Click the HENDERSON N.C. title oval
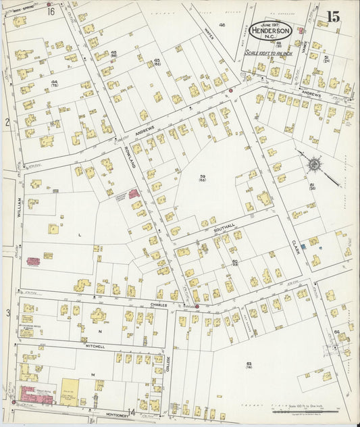point(271,30)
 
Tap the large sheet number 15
point(332,17)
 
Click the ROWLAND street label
point(126,157)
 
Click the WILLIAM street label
point(20,206)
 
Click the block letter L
point(80,234)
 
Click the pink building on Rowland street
point(134,194)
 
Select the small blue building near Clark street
point(304,247)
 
